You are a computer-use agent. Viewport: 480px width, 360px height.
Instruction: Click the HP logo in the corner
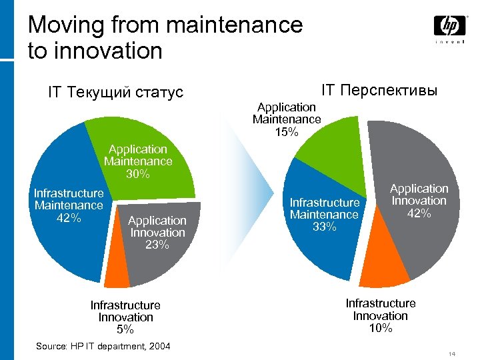pos(449,27)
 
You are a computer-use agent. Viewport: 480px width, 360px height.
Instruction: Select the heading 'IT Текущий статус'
pos(115,92)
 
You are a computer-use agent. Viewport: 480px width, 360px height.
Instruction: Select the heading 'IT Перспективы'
pos(379,89)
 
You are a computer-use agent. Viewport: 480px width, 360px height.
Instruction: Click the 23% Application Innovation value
pos(157,245)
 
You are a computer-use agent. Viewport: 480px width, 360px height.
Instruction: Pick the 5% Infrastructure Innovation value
pos(125,329)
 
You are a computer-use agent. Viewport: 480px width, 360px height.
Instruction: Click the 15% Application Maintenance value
pos(286,131)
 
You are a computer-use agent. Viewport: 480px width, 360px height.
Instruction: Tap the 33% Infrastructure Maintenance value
pos(324,227)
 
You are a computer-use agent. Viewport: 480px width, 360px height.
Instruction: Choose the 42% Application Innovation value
pos(419,213)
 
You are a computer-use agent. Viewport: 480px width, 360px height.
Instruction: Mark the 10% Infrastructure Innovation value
pos(381,328)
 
